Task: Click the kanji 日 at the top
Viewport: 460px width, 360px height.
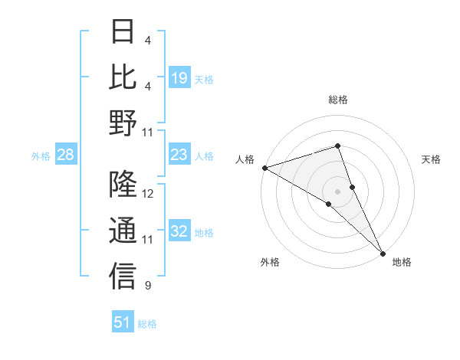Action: pyautogui.click(x=123, y=31)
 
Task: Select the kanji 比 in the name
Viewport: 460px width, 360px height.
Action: pyautogui.click(x=123, y=77)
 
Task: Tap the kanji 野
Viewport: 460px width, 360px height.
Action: pyautogui.click(x=123, y=123)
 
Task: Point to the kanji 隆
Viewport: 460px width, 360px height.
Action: pyautogui.click(x=123, y=185)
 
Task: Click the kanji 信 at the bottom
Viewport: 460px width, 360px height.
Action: pyautogui.click(x=123, y=277)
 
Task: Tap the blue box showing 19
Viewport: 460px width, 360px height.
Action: pyautogui.click(x=179, y=78)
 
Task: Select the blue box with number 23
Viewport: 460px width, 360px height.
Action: pyautogui.click(x=179, y=155)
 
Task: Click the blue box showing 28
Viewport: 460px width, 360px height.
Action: pyautogui.click(x=65, y=155)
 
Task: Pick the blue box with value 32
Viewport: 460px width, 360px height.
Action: pyautogui.click(x=179, y=232)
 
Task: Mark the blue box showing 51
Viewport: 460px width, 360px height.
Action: pyautogui.click(x=122, y=322)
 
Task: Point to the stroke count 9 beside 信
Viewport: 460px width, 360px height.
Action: pyautogui.click(x=148, y=286)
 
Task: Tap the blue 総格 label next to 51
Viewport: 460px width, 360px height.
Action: pyautogui.click(x=147, y=324)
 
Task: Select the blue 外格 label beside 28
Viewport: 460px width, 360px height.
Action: pyautogui.click(x=41, y=156)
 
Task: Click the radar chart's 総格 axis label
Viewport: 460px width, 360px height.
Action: pyautogui.click(x=337, y=100)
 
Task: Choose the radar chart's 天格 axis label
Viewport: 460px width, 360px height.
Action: pyautogui.click(x=432, y=159)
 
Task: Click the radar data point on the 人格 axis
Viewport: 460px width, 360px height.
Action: pyautogui.click(x=264, y=167)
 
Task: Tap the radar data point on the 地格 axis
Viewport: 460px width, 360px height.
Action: pyautogui.click(x=383, y=253)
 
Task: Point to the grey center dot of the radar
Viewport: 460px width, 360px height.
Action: pyautogui.click(x=337, y=191)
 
